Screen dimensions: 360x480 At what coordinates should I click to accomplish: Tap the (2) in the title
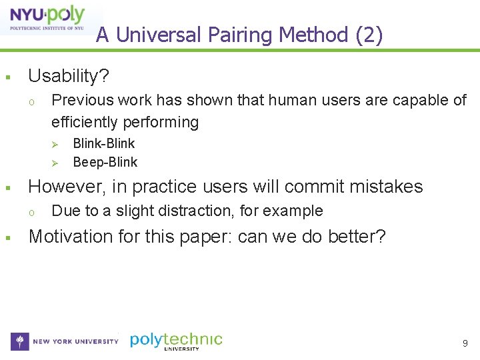[369, 35]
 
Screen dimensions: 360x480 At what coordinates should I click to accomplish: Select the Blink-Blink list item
[103, 143]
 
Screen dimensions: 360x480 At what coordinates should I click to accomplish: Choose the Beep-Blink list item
[105, 162]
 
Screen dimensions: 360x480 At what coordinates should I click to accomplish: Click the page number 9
[465, 343]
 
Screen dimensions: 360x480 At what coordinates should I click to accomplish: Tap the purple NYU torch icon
[20, 341]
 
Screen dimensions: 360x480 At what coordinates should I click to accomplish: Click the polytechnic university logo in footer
[176, 341]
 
